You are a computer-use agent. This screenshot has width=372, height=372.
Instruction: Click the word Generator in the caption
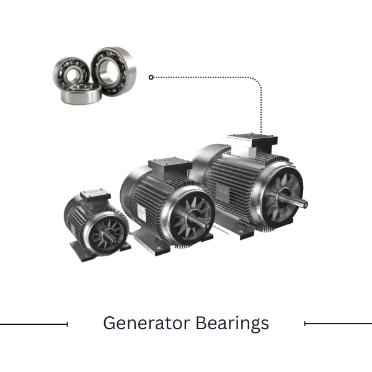coord(146,323)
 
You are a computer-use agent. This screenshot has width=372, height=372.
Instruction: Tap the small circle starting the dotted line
coord(151,77)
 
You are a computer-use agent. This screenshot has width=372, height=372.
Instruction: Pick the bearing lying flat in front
coord(81,94)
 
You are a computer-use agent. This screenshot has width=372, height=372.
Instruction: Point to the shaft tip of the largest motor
coord(306,204)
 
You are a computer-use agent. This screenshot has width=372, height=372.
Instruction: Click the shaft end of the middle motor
coord(208,226)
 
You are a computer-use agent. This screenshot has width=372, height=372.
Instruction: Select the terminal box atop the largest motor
coord(252,144)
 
